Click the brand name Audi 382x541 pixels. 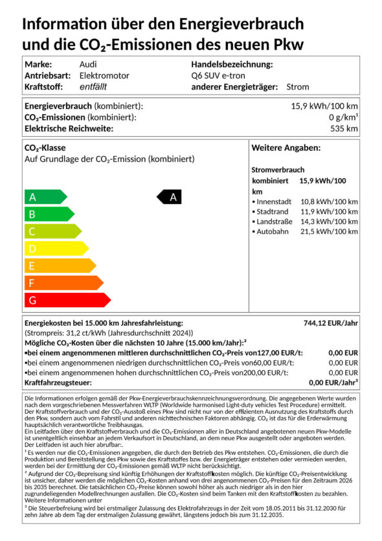pos(88,64)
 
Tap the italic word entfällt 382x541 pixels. pos(93,86)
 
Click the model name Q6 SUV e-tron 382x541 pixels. pos(218,75)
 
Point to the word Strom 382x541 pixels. pos(297,86)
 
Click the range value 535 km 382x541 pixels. pos(343,128)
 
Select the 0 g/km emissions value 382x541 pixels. pos(343,117)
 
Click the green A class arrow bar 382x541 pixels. pos(44,197)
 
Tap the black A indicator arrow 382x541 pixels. pos(170,197)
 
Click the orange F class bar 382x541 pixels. pos(62,282)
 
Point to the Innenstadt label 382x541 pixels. pos(274,201)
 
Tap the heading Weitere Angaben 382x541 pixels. pos(286,148)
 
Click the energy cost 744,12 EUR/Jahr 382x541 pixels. pos(331,323)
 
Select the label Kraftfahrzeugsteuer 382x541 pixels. pos(58,383)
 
